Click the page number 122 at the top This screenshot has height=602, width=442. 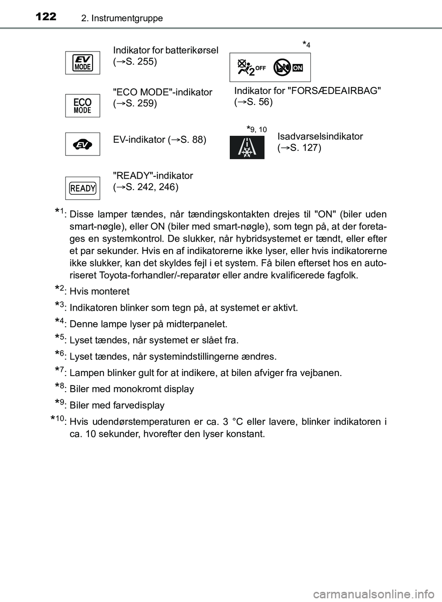[x=45, y=17]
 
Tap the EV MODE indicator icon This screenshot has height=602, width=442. [x=83, y=63]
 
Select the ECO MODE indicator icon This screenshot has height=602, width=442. [x=83, y=105]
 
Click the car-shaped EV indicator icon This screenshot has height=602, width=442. [x=83, y=145]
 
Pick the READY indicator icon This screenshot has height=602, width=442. [x=83, y=188]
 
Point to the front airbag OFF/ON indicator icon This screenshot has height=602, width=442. [x=270, y=67]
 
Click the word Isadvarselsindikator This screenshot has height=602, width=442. [x=320, y=136]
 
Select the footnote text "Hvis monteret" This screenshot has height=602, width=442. [x=99, y=291]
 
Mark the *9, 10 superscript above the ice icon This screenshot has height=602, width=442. [x=256, y=129]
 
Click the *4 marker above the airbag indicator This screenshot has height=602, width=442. [x=307, y=44]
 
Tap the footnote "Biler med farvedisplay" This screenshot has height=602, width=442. [x=117, y=405]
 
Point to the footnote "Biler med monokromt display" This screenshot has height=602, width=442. [x=132, y=389]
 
